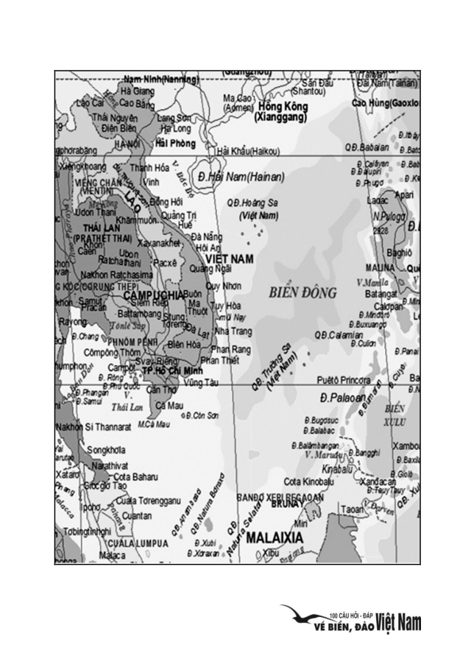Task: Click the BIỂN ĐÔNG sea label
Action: pyautogui.click(x=303, y=292)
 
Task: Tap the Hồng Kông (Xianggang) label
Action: pyautogui.click(x=282, y=111)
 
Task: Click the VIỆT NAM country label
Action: pyautogui.click(x=229, y=259)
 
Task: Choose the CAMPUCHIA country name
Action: pyautogui.click(x=152, y=295)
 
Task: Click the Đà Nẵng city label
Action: pyautogui.click(x=206, y=237)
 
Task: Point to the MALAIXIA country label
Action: pyautogui.click(x=274, y=537)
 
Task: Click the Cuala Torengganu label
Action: pyautogui.click(x=147, y=501)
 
